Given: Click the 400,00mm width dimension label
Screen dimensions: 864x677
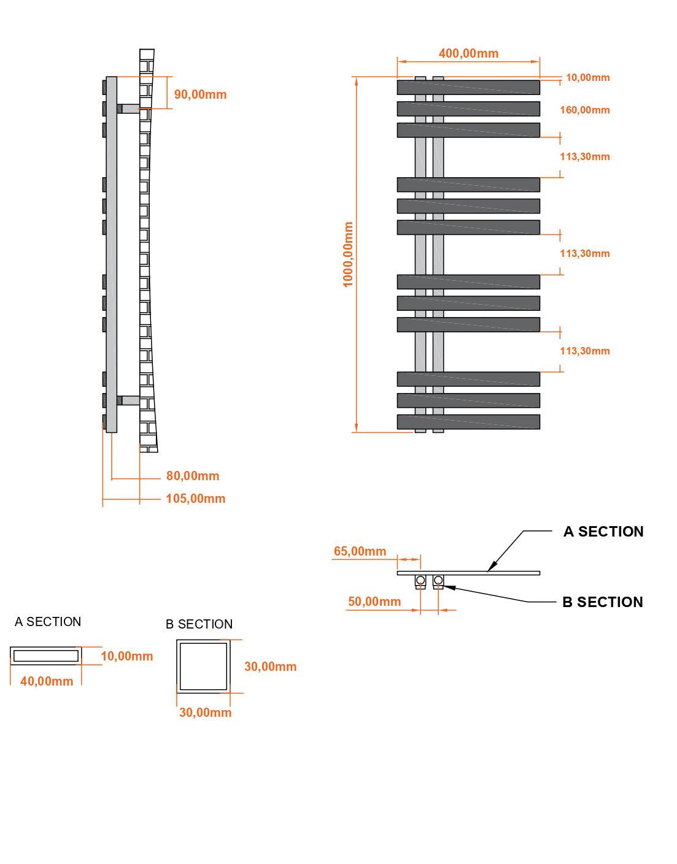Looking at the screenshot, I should (x=468, y=53).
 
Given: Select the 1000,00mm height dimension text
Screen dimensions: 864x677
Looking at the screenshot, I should (x=349, y=254).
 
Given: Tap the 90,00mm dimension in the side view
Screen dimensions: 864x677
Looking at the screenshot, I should (x=200, y=94).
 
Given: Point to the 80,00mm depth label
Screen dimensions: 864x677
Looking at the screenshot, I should (x=192, y=476).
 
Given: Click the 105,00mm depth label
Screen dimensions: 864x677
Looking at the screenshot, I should (x=195, y=499).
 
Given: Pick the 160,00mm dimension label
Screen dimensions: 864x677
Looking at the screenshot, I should (x=584, y=110).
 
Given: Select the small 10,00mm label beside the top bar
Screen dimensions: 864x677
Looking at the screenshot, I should (x=587, y=77).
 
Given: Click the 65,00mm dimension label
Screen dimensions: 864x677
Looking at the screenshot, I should (x=360, y=551).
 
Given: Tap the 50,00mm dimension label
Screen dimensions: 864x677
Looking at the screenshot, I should (x=374, y=602).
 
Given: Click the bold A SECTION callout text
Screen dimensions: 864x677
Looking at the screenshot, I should (x=603, y=532).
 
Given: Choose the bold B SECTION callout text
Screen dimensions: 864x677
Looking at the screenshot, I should (x=602, y=602).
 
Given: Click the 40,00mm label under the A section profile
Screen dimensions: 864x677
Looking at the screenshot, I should (x=47, y=681).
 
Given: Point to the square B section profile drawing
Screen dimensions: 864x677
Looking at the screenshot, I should (x=203, y=666).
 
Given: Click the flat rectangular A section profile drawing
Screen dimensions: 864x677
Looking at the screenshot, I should (x=46, y=656).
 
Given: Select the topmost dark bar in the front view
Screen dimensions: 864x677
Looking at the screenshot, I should (x=468, y=87).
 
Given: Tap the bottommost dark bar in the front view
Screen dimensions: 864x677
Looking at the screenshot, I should (x=468, y=422).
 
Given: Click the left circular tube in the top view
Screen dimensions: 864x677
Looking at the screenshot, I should (x=420, y=580).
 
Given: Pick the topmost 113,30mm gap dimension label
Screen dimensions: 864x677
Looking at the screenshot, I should (x=584, y=157).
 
